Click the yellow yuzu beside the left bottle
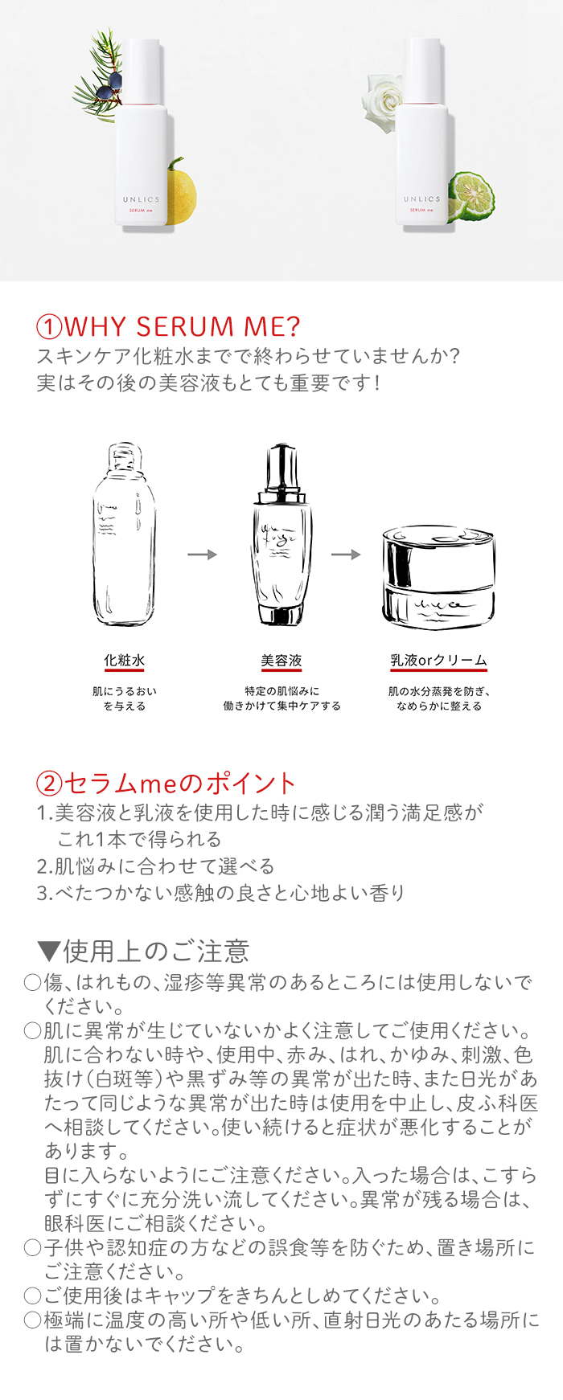182,186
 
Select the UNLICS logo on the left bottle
142,199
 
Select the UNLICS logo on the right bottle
422,199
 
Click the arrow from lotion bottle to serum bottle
203,555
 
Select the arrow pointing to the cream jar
346,555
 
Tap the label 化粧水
125,661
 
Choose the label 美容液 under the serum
281,661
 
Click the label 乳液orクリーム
439,661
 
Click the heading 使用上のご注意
156,951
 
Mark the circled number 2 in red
49,784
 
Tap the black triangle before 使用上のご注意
49,952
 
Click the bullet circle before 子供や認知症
32,1247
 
